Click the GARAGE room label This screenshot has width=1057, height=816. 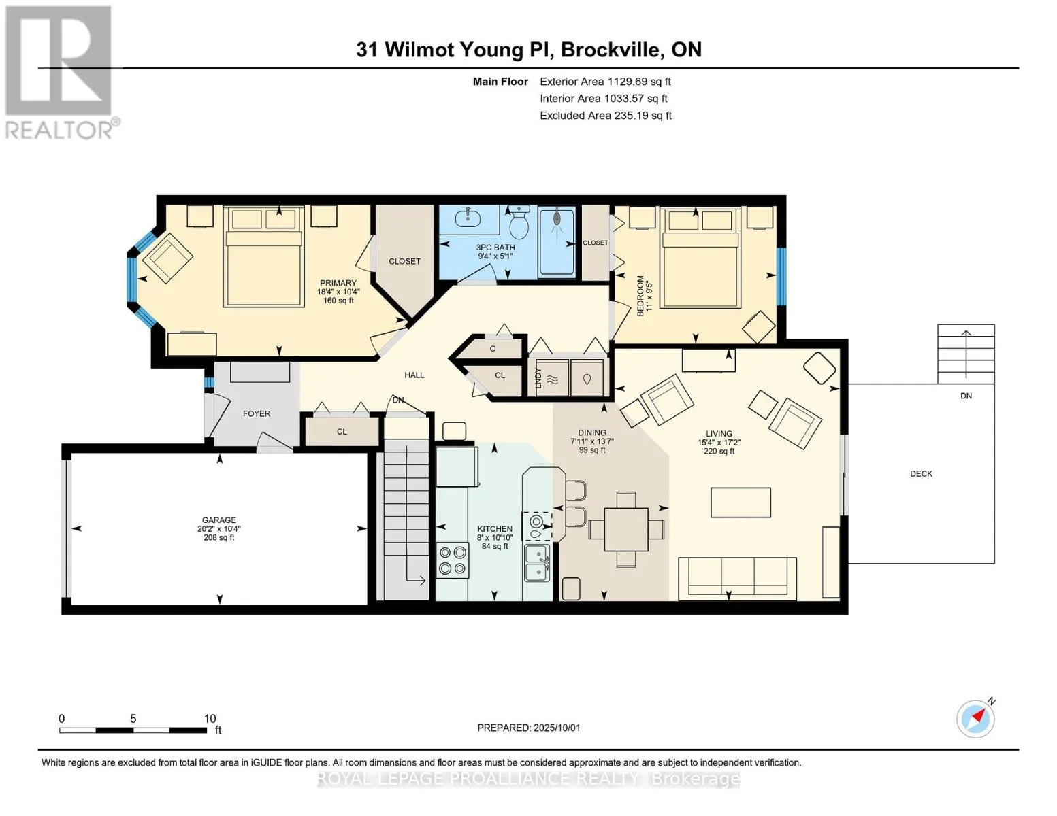click(x=219, y=520)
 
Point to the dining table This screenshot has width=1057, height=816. click(x=625, y=529)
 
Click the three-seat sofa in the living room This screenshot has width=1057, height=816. click(x=737, y=579)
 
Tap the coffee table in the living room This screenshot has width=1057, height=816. click(x=741, y=503)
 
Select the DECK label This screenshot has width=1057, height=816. click(x=921, y=473)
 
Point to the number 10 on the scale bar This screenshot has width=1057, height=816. click(x=210, y=718)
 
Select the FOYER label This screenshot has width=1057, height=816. click(x=257, y=413)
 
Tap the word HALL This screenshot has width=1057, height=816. click(x=414, y=375)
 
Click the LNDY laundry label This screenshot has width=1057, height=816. click(x=538, y=377)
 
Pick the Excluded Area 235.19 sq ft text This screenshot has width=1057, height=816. click(x=606, y=116)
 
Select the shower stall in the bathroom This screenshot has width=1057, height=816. click(x=557, y=241)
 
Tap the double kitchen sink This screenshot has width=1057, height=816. click(x=537, y=563)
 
